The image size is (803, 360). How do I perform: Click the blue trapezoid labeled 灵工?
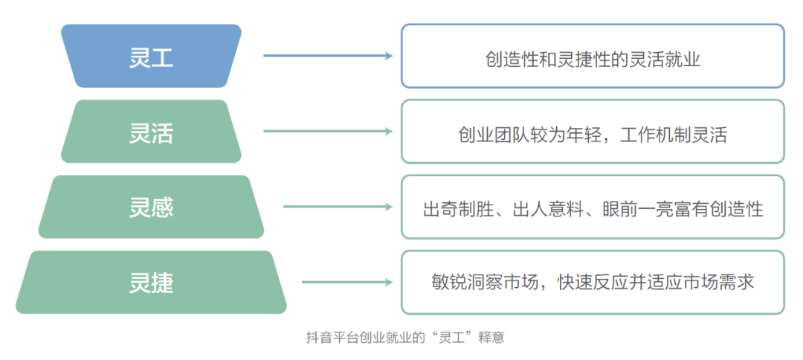pyautogui.click(x=151, y=57)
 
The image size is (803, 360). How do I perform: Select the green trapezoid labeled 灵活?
pyautogui.click(x=151, y=132)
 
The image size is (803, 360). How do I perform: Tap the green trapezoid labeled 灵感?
pyautogui.click(x=151, y=207)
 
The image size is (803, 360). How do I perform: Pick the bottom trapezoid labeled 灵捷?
pyautogui.click(x=151, y=283)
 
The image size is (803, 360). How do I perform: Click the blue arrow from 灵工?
pyautogui.click(x=327, y=56)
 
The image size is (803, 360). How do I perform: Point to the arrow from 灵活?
pyautogui.click(x=327, y=132)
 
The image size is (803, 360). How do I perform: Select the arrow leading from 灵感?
pyautogui.click(x=337, y=207)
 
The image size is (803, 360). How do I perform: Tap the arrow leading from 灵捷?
pyautogui.click(x=346, y=283)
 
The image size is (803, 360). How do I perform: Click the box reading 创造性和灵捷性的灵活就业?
pyautogui.click(x=593, y=57)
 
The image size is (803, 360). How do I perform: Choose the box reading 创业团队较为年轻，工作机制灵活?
pyautogui.click(x=593, y=132)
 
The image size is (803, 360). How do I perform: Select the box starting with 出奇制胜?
pyautogui.click(x=593, y=207)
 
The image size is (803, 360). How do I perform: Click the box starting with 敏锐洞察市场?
pyautogui.click(x=593, y=283)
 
